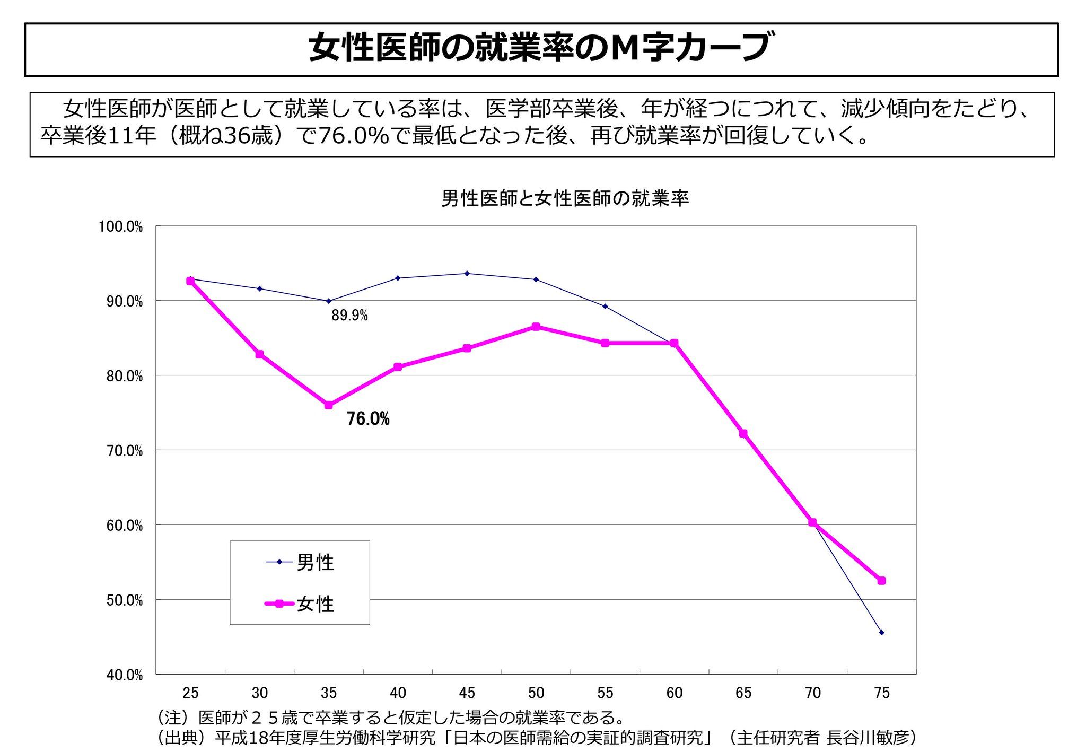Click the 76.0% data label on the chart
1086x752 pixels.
368,419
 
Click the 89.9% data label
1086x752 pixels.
349,316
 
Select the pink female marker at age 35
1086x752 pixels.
329,405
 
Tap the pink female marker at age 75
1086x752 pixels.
881,581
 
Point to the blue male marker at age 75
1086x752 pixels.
881,633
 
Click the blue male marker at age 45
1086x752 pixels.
467,274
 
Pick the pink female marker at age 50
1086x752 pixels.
536,327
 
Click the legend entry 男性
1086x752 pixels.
315,562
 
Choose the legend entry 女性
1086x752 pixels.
315,604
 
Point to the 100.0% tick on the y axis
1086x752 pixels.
121,227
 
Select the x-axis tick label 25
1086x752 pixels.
190,693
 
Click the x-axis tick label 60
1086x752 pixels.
675,693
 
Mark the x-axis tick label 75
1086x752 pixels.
881,693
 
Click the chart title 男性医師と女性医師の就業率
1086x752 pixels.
565,199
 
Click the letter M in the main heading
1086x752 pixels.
624,48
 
